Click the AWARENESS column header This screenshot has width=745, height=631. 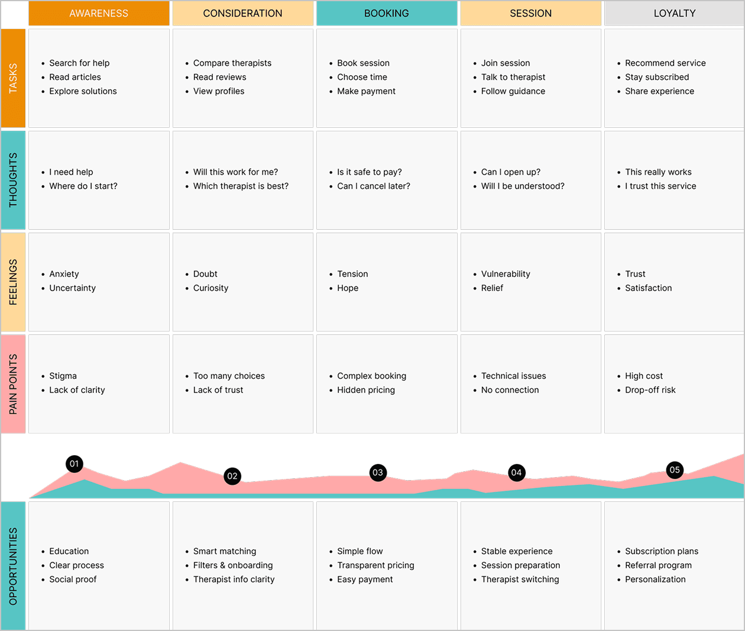click(99, 14)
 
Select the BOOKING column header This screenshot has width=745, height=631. click(387, 14)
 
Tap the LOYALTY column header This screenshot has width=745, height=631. click(675, 14)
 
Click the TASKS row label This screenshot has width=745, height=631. click(13, 78)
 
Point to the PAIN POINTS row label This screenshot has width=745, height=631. click(13, 384)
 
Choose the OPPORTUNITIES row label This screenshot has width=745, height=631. click(13, 566)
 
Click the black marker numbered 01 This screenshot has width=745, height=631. click(74, 464)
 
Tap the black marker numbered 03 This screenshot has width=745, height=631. click(378, 472)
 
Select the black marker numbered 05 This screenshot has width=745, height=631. click(675, 470)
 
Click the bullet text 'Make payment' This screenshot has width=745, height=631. click(366, 91)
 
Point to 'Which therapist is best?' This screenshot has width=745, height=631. click(241, 186)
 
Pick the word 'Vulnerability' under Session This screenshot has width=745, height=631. click(506, 274)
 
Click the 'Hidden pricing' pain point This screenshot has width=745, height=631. click(366, 390)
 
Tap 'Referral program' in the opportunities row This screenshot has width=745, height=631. click(658, 565)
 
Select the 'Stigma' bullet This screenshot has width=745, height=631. click(63, 376)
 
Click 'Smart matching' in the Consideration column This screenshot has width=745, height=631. click(225, 551)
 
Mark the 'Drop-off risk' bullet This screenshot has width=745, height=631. click(650, 390)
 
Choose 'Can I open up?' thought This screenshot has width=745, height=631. click(511, 172)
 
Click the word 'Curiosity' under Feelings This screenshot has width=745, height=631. click(211, 288)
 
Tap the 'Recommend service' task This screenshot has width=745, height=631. click(665, 63)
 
